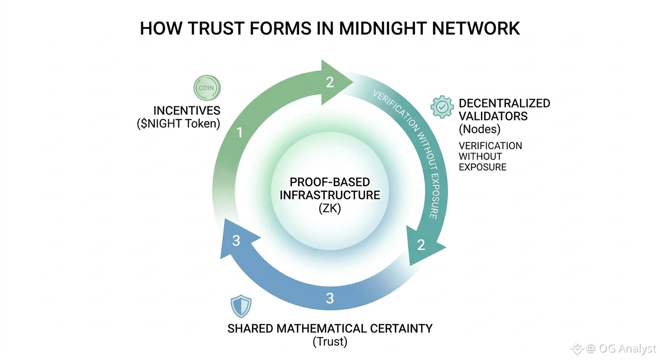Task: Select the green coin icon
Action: (207, 88)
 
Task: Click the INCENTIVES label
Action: (187, 111)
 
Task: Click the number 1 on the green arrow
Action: (240, 133)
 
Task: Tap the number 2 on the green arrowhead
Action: (330, 82)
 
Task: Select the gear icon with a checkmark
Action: (442, 107)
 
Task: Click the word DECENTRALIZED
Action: (504, 103)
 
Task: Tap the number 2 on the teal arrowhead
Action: (420, 245)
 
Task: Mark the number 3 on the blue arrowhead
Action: (236, 241)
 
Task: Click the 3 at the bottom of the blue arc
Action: (330, 298)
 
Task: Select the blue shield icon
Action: (241, 307)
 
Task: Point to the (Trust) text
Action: (330, 342)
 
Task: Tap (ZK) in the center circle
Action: (330, 208)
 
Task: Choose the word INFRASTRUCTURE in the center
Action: (330, 195)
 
